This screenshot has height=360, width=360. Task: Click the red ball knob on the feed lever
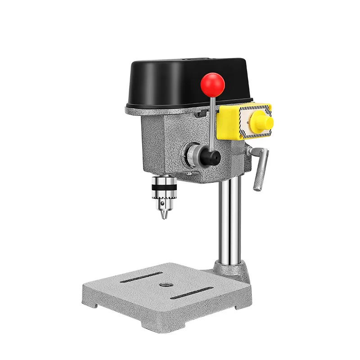point(212,83)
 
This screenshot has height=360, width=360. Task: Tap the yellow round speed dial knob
point(261,121)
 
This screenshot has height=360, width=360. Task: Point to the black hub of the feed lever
point(211,157)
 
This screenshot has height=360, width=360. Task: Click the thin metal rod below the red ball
point(212,121)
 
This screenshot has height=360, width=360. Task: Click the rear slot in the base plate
point(141,278)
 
